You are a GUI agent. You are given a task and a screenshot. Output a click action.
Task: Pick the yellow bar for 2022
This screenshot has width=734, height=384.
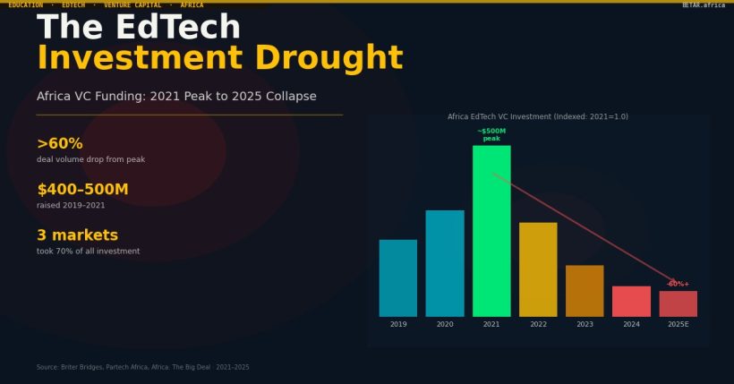[538, 269]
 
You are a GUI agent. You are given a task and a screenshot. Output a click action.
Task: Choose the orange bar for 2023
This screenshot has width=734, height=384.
[585, 291]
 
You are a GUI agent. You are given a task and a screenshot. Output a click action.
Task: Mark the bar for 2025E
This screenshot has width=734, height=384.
[678, 303]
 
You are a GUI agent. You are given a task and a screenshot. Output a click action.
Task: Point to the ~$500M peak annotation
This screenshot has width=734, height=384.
[491, 134]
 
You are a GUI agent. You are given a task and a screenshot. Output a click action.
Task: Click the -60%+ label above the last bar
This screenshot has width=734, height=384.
[678, 284]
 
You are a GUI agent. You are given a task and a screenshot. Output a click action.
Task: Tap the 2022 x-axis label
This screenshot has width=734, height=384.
[538, 324]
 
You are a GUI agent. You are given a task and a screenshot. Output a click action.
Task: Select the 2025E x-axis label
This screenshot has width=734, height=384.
[678, 324]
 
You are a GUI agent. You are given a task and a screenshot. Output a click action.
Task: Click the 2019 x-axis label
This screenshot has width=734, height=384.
[398, 324]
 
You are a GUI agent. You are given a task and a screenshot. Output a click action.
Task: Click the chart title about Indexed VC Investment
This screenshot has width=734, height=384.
[537, 116]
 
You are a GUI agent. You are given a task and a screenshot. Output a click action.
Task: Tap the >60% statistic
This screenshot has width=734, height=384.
[60, 143]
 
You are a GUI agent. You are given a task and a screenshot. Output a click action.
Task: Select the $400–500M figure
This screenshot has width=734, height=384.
[82, 189]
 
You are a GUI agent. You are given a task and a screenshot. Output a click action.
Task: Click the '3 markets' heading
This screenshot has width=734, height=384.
[77, 235]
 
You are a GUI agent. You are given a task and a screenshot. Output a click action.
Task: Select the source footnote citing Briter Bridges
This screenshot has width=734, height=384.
[142, 367]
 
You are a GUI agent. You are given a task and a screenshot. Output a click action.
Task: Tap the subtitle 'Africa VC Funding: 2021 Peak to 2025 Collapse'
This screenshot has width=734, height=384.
[176, 96]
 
